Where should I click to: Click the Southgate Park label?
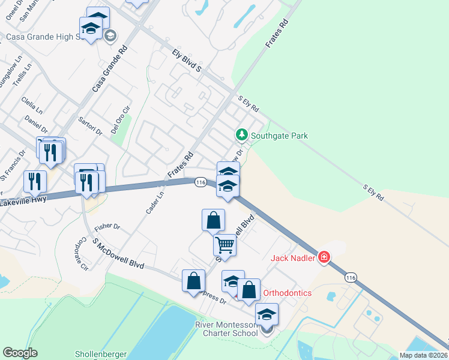[279, 136]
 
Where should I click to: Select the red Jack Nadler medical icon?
[324, 257]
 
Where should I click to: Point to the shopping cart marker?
[224, 244]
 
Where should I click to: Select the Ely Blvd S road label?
[185, 61]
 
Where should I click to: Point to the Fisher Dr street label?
[107, 227]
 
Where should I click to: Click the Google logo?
[20, 353]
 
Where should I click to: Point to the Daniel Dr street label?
[36, 124]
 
